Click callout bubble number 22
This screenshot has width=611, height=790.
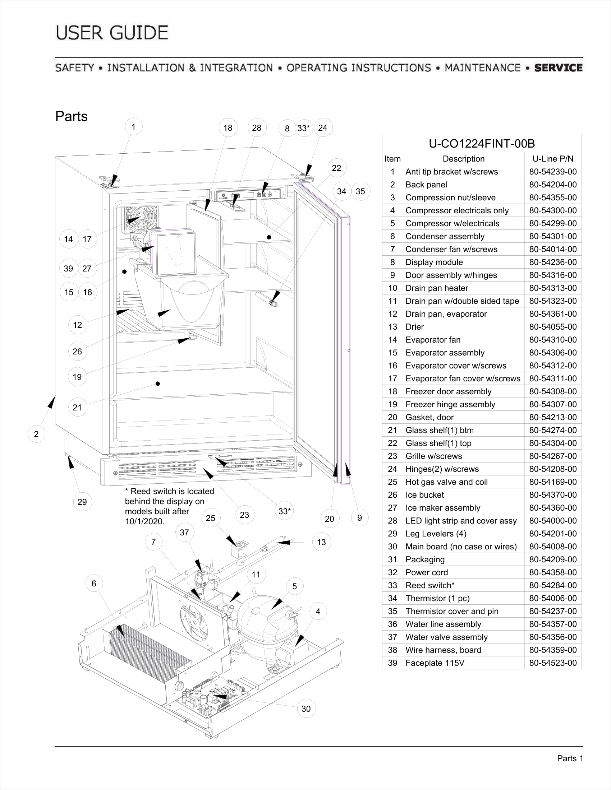tap(336, 168)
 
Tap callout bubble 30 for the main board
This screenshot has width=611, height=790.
tap(306, 708)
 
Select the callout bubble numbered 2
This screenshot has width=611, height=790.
tap(36, 434)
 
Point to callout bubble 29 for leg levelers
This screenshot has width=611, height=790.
tap(82, 502)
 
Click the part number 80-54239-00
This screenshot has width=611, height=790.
tap(553, 172)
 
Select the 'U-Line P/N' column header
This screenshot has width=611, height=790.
tap(553, 159)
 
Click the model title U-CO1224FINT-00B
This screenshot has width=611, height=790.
tap(481, 144)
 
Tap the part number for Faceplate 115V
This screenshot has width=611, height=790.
tap(553, 663)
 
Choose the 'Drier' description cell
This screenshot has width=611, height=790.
tap(414, 327)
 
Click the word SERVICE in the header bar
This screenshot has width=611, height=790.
tap(558, 68)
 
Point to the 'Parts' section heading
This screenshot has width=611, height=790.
tap(71, 116)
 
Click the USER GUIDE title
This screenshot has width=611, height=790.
tap(112, 33)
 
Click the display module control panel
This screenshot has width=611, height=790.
tap(248, 195)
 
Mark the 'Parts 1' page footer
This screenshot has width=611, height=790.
tap(570, 758)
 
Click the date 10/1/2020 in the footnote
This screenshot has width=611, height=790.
tap(144, 522)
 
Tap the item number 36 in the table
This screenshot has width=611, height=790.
tap(392, 624)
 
